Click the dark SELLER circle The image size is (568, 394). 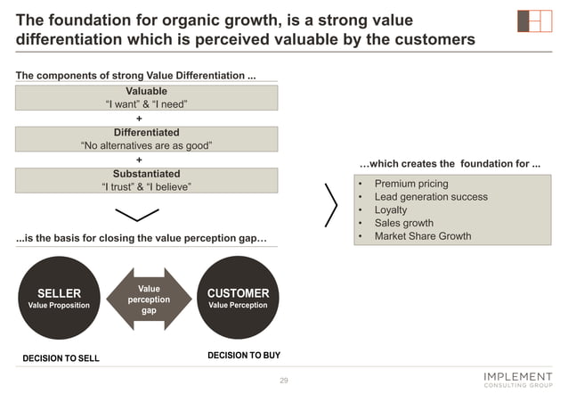point(59,299)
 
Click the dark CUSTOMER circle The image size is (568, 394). point(238,299)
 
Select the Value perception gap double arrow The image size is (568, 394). point(149,299)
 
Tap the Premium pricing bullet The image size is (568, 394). point(410,184)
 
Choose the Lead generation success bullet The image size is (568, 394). point(430,197)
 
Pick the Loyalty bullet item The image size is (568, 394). point(391,210)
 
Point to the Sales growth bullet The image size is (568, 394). point(403,224)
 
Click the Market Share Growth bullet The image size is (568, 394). point(423,236)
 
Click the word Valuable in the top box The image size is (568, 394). point(147,91)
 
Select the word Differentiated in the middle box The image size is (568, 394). point(147,132)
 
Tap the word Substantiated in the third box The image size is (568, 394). point(147,174)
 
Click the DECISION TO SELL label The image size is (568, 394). point(61,358)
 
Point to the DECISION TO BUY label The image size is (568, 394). point(243,356)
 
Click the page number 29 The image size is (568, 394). point(284,381)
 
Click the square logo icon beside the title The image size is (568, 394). point(534,21)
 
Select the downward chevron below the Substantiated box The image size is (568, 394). point(137,215)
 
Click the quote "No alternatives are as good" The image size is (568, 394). point(147,145)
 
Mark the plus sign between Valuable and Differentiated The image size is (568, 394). point(138,118)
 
